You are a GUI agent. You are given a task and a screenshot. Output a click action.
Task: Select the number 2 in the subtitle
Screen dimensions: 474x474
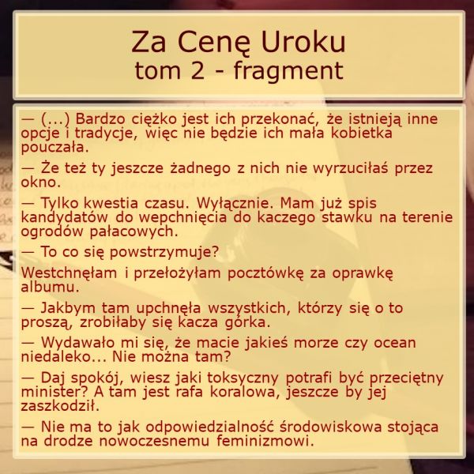[197, 70]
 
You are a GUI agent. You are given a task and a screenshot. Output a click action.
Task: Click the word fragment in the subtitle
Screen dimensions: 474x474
[288, 72]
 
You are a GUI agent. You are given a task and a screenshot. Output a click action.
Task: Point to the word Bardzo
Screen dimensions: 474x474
[100, 118]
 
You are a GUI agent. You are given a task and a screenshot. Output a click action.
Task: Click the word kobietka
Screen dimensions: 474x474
[362, 133]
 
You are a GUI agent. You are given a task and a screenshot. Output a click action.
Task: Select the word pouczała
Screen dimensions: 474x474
[55, 148]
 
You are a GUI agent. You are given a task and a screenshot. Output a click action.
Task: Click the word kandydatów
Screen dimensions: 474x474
[64, 217]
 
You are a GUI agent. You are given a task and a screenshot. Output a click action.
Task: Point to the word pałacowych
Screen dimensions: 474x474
[134, 231]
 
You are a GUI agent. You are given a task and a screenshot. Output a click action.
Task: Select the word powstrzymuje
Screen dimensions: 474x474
[164, 252]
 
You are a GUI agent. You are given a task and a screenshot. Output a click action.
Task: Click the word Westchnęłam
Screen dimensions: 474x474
[69, 273]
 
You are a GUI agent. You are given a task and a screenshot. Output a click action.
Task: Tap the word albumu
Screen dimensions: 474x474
[51, 287]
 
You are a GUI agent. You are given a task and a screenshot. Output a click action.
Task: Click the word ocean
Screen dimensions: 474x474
[395, 343]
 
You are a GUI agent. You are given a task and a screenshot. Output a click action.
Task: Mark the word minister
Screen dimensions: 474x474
[57, 392]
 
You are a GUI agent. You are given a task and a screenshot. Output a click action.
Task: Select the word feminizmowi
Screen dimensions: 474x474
[265, 441]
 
